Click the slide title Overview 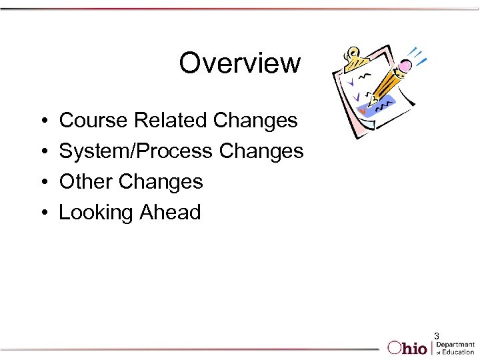coord(239,63)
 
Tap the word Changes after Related coord(255,121)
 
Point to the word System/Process coord(136,151)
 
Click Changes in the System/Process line coord(261,151)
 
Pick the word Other coord(86,181)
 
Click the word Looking coord(96,213)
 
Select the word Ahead coord(170,213)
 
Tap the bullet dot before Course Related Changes coord(43,121)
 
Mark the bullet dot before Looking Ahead coord(43,213)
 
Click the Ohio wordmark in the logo coord(408,347)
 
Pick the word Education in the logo coord(458,351)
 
